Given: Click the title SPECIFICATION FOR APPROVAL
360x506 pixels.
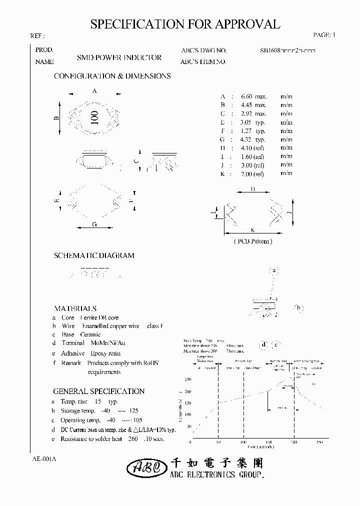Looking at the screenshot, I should click(x=185, y=24).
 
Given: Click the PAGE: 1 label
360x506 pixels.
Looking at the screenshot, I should click(x=324, y=35).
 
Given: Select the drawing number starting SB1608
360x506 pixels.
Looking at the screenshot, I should click(x=287, y=50).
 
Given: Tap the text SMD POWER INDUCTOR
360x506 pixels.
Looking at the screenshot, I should click(x=119, y=57).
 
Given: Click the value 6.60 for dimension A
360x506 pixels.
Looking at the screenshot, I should click(x=246, y=96).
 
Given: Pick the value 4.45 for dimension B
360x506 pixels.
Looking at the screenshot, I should click(x=246, y=105).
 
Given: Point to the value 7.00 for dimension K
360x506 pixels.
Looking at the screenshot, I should click(x=246, y=173).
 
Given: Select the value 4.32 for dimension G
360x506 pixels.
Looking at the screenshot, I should click(x=246, y=139).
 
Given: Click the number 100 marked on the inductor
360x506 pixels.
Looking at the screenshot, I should click(x=94, y=117).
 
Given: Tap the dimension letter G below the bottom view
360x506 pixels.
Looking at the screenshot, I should click(x=94, y=224).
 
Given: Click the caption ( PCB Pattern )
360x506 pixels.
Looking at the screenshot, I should click(x=253, y=241).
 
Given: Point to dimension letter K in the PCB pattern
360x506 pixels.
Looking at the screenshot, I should click(x=253, y=229).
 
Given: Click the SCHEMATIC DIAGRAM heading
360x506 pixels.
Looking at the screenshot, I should click(x=94, y=255).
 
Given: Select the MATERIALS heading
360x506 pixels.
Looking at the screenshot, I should click(x=75, y=308).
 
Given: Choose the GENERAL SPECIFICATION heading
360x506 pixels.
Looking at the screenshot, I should click(x=98, y=391).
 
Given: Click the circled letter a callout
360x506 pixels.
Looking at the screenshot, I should click(x=273, y=270).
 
